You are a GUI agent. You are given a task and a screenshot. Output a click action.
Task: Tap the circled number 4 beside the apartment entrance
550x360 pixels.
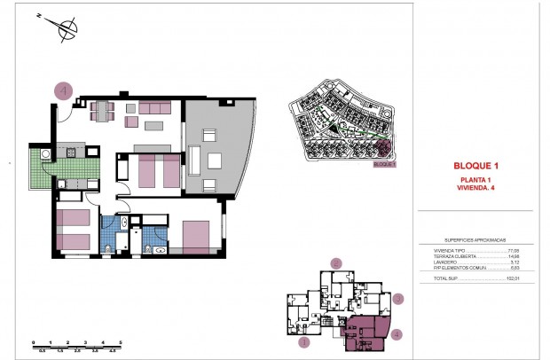[x=62, y=90]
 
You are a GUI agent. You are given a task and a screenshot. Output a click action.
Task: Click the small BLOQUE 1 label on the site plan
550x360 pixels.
[x=383, y=164]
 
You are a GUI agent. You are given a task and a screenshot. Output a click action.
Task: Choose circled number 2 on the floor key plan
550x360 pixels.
[x=335, y=263]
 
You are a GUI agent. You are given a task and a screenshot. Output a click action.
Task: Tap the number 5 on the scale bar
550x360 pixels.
[x=121, y=341]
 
